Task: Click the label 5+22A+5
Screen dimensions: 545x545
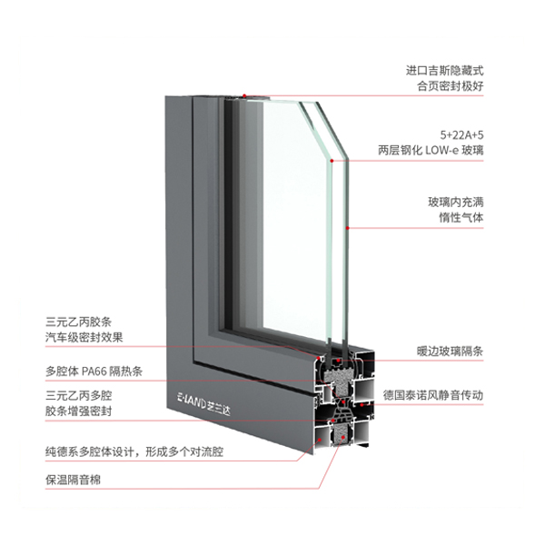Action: tap(461, 134)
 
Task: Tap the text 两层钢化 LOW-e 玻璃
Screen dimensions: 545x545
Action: tap(431, 150)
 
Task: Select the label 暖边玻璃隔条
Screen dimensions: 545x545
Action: tap(451, 351)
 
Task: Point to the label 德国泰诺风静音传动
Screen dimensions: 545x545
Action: tap(433, 395)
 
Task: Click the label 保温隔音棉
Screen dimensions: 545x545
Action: tap(73, 480)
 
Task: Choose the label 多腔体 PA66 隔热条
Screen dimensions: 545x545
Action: tap(94, 372)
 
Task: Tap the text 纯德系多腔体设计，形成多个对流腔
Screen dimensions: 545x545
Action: tap(134, 451)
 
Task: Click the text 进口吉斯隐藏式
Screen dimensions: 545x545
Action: tap(444, 71)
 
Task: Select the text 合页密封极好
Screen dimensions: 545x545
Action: tap(451, 86)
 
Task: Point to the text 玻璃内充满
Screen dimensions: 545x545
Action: tap(456, 203)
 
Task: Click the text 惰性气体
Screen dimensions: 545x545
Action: tap(461, 218)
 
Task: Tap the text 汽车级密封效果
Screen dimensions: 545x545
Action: tap(84, 337)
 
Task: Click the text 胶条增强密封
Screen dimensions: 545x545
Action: tap(78, 411)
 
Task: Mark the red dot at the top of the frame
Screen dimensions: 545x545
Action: tap(244, 95)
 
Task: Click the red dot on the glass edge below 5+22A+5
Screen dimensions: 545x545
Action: tap(332, 161)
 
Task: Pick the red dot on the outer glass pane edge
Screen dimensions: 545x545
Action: tap(347, 228)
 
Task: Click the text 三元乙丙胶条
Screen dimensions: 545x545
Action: tap(78, 322)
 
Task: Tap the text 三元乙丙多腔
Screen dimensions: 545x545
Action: tap(78, 396)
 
